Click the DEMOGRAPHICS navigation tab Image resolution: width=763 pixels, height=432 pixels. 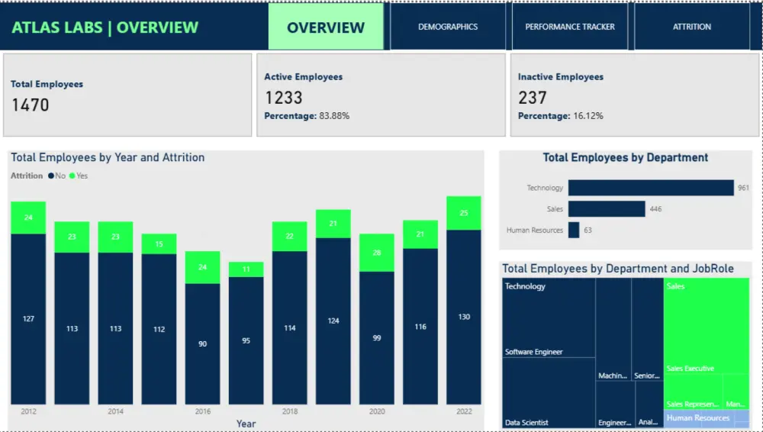pos(448,27)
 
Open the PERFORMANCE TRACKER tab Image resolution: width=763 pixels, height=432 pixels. pos(570,27)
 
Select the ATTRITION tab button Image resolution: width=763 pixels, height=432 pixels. pos(691,27)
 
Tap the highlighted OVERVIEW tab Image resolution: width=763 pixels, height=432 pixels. pos(326,27)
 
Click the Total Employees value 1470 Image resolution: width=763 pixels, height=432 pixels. pos(31,105)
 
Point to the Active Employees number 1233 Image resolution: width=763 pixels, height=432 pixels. pos(284,98)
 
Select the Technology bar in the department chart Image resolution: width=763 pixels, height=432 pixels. pos(650,188)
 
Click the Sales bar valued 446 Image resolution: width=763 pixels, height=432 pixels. pos(607,209)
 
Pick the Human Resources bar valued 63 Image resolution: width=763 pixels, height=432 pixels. pos(574,230)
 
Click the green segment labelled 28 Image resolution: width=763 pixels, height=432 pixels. pos(377,253)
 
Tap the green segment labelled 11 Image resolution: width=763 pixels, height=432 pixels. pos(246,269)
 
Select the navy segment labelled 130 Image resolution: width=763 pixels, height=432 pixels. pos(464,317)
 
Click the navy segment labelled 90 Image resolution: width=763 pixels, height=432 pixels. pos(202,343)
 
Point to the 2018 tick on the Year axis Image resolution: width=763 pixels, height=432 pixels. pos(289,411)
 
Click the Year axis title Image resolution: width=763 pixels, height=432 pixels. pos(246,424)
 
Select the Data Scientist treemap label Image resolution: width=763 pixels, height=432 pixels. pos(526,422)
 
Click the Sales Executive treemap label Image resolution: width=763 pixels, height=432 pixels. pos(691,369)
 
